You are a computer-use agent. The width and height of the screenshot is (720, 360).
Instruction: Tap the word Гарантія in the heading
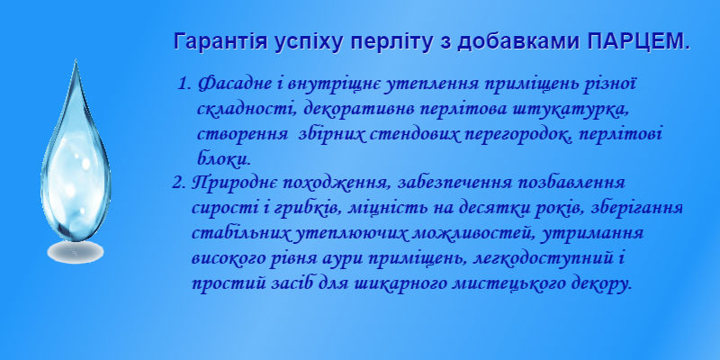pos(220,42)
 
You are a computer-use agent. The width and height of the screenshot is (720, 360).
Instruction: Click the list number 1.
pos(184,85)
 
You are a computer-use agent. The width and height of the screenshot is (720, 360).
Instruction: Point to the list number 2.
pos(178,184)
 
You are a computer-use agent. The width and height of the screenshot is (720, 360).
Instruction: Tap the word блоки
pos(223,159)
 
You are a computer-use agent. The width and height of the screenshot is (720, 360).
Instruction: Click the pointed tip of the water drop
pos(75,61)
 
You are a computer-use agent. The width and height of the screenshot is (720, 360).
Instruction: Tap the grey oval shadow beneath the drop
pos(76,252)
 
